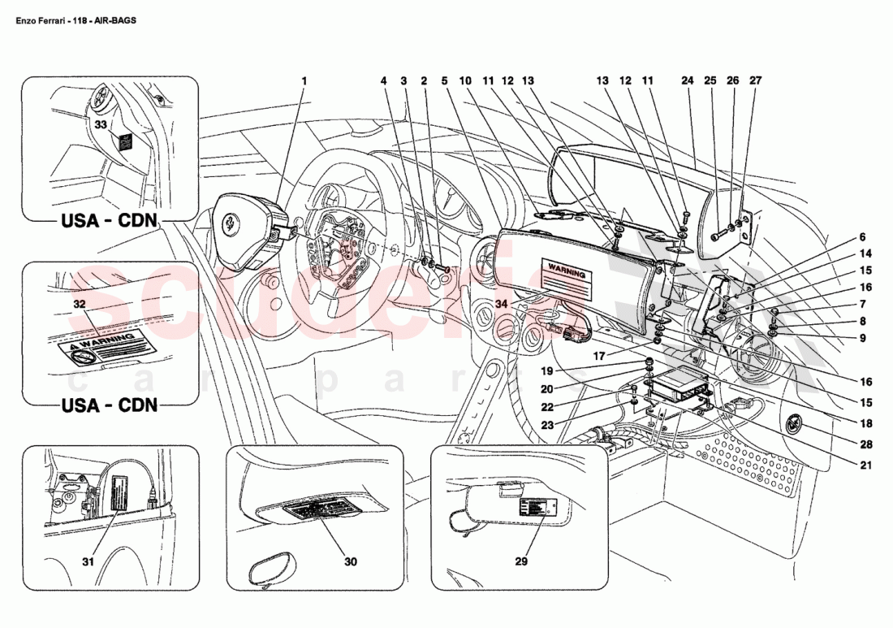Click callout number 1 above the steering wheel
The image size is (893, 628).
(x=304, y=81)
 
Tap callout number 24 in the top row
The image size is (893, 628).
(x=688, y=81)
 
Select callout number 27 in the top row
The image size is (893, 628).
(x=756, y=81)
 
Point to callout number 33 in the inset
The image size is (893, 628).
(x=100, y=124)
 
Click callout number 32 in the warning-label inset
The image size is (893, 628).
(x=79, y=304)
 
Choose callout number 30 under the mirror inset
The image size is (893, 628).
(x=350, y=561)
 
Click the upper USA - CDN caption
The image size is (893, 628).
(x=110, y=222)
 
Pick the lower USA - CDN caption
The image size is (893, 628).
(x=110, y=404)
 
